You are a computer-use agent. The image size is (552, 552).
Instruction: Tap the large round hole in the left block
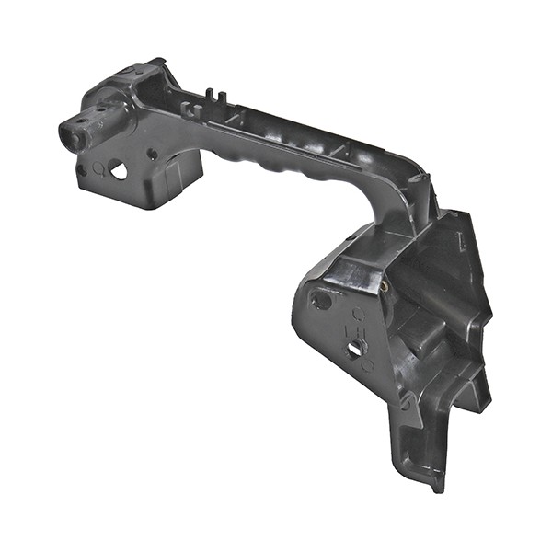click(x=118, y=169)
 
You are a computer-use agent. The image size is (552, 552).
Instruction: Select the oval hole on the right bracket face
click(x=321, y=300)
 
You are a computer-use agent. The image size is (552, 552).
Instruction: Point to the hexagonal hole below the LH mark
click(x=355, y=350)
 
